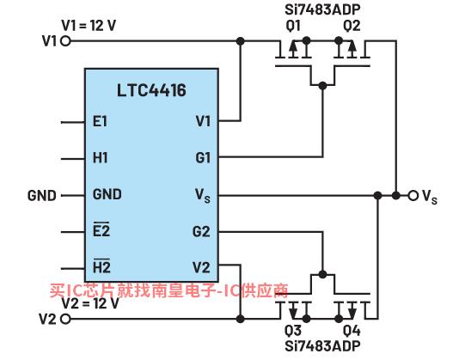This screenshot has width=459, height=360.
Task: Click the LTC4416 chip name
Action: [151, 90]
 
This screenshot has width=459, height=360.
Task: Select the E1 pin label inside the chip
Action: [100, 121]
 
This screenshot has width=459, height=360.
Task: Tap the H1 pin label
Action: [100, 158]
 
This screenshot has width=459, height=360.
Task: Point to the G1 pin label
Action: [203, 158]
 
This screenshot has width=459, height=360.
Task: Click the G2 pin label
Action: [201, 231]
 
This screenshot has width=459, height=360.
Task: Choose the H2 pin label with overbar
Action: [101, 266]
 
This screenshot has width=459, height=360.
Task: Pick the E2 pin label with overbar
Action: [101, 229]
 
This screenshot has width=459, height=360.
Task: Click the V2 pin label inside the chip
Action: [201, 268]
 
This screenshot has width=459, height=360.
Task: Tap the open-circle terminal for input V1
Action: [66, 41]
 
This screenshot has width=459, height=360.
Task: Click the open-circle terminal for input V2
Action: [66, 319]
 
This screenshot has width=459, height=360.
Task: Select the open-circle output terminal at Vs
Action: [413, 195]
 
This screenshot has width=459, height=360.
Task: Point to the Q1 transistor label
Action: [293, 26]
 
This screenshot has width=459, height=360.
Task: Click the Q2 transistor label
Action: [352, 26]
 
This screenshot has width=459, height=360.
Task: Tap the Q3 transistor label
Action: [293, 331]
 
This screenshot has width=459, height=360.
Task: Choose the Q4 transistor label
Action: [352, 331]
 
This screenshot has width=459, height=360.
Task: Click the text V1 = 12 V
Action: [89, 26]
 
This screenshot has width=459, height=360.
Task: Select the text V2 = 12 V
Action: [90, 303]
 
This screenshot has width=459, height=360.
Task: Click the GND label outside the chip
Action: [42, 196]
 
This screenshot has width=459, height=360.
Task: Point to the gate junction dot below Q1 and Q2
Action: [322, 86]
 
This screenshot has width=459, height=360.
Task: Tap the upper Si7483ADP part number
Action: [322, 9]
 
